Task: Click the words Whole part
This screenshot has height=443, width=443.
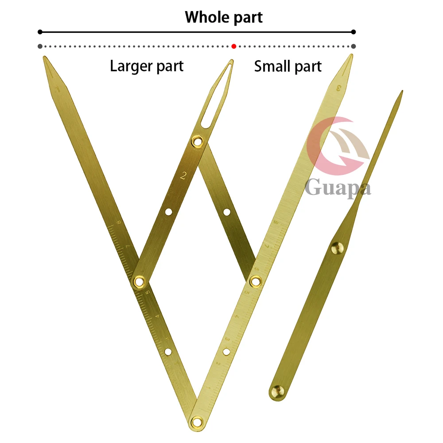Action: (x=224, y=17)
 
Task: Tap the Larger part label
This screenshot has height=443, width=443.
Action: (x=147, y=66)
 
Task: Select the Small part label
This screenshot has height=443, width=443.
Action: (x=288, y=66)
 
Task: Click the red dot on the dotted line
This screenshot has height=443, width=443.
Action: (x=234, y=46)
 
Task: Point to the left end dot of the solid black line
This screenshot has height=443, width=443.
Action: (x=40, y=32)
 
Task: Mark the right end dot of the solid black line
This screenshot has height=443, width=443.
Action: (x=353, y=32)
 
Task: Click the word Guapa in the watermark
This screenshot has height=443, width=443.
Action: (x=338, y=187)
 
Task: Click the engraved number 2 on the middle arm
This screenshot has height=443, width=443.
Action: (x=184, y=176)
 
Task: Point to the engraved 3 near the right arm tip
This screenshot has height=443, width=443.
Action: (x=339, y=87)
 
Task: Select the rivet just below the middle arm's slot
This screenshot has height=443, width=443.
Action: (x=197, y=141)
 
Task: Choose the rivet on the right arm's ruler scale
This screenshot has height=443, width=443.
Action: (x=255, y=280)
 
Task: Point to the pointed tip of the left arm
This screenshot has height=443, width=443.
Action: (x=44, y=58)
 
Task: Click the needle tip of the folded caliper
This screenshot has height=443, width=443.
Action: (x=401, y=92)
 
